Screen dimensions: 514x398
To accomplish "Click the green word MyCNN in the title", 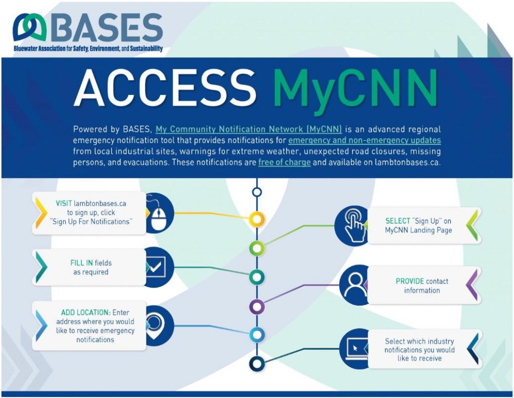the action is [x=355, y=88].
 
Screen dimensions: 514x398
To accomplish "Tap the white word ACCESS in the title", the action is [x=165, y=87].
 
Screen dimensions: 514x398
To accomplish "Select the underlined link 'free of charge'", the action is [x=284, y=162].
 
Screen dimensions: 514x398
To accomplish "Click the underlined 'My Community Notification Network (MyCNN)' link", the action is [x=248, y=129].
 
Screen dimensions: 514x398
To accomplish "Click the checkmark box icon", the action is [x=156, y=266].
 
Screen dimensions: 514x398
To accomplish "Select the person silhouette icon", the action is [x=354, y=284].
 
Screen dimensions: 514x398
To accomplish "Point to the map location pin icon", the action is [x=154, y=325].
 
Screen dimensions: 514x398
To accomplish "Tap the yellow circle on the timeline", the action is [x=257, y=219].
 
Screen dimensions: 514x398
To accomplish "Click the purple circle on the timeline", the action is [x=257, y=307].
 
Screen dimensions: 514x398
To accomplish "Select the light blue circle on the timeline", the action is [x=257, y=335].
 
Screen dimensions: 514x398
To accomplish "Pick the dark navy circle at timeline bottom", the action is [x=257, y=363].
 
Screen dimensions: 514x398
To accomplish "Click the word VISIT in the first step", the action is [x=64, y=203].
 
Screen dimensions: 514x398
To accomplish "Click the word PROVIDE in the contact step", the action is [x=410, y=281].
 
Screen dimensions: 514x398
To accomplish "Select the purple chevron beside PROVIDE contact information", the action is [x=472, y=285].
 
